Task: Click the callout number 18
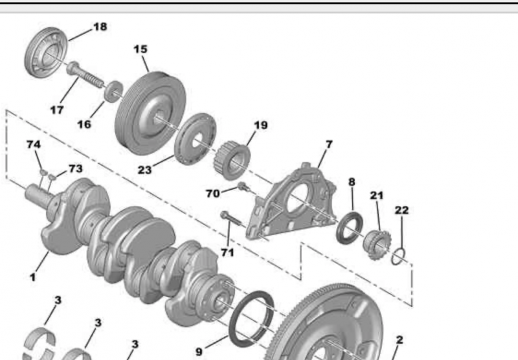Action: pos(100,27)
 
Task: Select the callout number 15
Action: pos(141,49)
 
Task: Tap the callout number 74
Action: pos(34,144)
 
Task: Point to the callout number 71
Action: pos(227,253)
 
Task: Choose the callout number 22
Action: pos(401,210)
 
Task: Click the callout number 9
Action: pos(199,352)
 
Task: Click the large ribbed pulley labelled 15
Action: pos(151,113)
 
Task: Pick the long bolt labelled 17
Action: pos(85,75)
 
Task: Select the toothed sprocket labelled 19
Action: pos(232,160)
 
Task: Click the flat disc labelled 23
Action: pos(196,139)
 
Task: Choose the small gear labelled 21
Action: pos(377,244)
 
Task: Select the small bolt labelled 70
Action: pos(244,187)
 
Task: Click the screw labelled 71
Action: pos(233,220)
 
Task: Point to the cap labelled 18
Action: pos(46,53)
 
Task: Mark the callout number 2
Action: pos(400,340)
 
